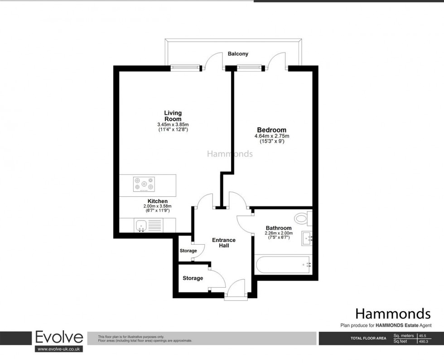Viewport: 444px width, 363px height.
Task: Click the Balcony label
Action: click(238, 53)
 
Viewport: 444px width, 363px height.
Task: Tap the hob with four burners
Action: click(144, 184)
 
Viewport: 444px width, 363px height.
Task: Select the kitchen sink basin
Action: click(141, 226)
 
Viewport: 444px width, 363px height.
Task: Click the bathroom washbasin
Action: click(307, 238)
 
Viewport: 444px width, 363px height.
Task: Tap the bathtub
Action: click(283, 265)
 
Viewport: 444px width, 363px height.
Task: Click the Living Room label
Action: click(173, 116)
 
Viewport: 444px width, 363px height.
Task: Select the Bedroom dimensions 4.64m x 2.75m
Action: click(272, 136)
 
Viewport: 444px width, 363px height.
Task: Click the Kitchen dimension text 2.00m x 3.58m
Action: click(158, 206)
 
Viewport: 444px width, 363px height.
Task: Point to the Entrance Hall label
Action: click(224, 243)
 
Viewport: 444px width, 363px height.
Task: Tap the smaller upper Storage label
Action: click(188, 251)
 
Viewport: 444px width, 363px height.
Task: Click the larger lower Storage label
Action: click(193, 278)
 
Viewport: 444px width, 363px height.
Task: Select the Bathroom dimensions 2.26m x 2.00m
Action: click(279, 233)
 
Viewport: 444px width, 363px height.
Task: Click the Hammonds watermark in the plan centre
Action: click(230, 154)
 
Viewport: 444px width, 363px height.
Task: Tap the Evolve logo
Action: click(59, 337)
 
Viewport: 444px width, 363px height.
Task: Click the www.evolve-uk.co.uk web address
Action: click(59, 349)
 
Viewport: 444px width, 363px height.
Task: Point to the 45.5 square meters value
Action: click(425, 336)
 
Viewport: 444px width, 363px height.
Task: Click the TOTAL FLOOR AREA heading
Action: click(368, 338)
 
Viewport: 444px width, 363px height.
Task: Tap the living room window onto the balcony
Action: click(185, 68)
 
